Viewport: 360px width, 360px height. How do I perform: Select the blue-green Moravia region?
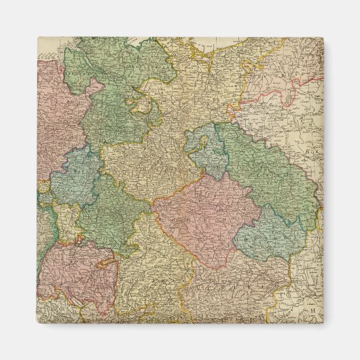(272, 234)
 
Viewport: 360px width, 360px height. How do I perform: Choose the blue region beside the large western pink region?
(75, 177)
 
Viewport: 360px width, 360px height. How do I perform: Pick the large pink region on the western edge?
(58, 115)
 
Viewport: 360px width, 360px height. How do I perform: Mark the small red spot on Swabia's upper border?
(80, 239)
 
